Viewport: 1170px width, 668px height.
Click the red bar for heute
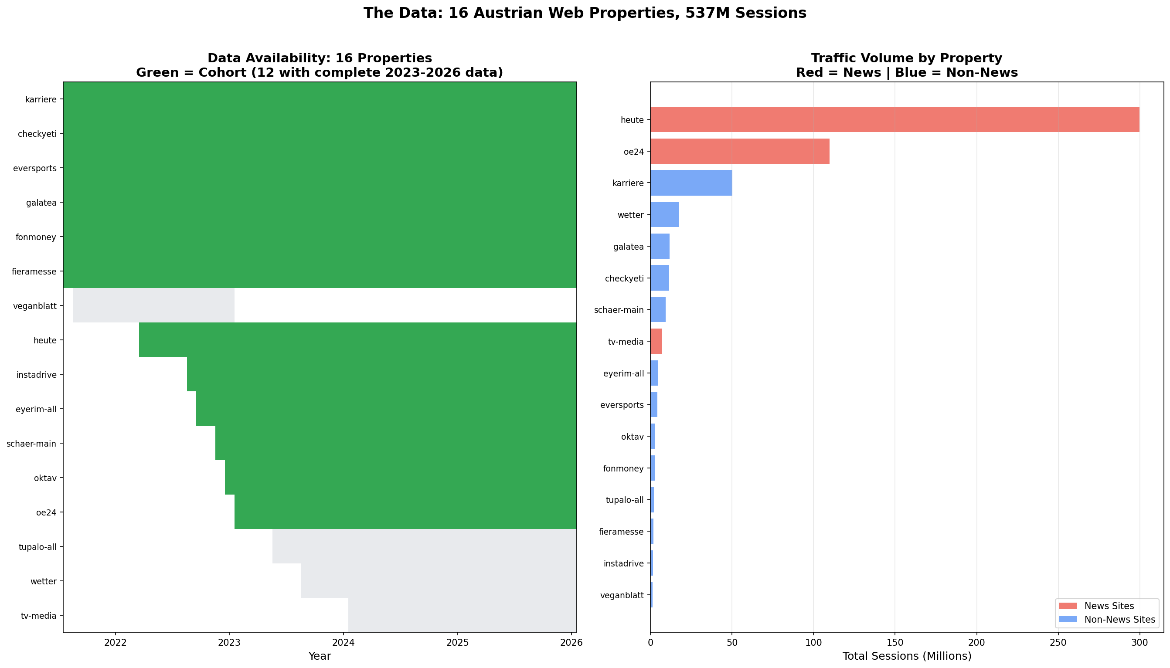click(894, 120)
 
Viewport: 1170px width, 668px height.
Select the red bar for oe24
click(740, 151)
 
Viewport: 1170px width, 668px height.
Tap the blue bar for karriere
click(691, 183)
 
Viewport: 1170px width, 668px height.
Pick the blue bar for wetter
click(664, 215)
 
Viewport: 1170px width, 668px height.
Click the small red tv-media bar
click(656, 341)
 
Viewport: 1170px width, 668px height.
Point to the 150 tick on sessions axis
click(895, 643)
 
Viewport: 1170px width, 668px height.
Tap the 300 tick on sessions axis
click(1139, 643)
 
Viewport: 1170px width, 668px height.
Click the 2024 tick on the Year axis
click(343, 643)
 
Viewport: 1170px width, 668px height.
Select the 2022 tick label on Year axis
click(115, 643)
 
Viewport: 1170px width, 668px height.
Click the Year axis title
click(320, 656)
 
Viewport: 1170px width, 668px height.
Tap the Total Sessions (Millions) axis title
click(907, 656)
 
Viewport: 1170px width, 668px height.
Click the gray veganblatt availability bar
click(153, 305)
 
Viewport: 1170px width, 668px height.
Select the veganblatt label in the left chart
click(35, 306)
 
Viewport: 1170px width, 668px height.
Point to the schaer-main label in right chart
click(619, 310)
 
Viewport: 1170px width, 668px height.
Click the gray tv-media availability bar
click(462, 615)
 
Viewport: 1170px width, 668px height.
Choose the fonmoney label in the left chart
click(35, 237)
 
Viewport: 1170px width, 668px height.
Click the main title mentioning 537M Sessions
click(585, 13)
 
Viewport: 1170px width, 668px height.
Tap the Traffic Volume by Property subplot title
click(907, 58)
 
